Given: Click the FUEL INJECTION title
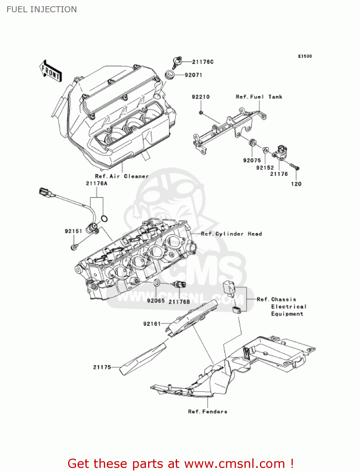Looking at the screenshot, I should (x=41, y=9).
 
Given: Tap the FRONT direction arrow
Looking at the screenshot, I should (x=51, y=71).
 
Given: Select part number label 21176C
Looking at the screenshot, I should (x=203, y=62).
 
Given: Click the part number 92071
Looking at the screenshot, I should (x=193, y=75).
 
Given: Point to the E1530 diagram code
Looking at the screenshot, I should (x=305, y=56).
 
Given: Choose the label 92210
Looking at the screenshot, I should (x=201, y=97).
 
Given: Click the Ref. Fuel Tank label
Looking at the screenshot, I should (x=259, y=97).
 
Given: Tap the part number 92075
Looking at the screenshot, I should (x=252, y=160).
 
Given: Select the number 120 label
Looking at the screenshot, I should (x=296, y=184).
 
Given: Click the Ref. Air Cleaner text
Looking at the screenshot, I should (x=122, y=176).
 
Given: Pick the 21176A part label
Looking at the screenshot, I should (x=97, y=183).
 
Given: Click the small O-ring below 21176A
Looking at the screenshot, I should (x=104, y=219).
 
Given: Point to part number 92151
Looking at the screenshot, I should (x=73, y=231).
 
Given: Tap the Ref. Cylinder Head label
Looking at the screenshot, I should (x=231, y=234).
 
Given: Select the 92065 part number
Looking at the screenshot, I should (x=156, y=300).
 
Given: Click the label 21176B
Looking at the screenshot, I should (x=179, y=301).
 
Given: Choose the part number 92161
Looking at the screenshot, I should (x=152, y=324).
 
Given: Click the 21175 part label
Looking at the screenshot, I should (x=102, y=367).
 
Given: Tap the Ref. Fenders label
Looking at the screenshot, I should (x=207, y=411).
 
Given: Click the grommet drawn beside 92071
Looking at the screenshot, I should (x=170, y=75).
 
